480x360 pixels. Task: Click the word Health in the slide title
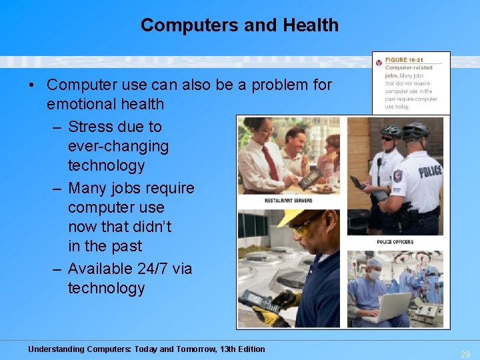[x=311, y=25]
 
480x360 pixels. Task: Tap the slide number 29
[x=465, y=355]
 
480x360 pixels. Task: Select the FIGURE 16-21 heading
[x=404, y=60]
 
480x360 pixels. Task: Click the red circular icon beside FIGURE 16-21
[x=379, y=62]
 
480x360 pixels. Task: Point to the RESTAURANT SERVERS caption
[x=288, y=200]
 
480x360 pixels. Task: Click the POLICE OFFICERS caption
[x=395, y=241]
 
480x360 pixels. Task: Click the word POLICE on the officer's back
[x=430, y=172]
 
